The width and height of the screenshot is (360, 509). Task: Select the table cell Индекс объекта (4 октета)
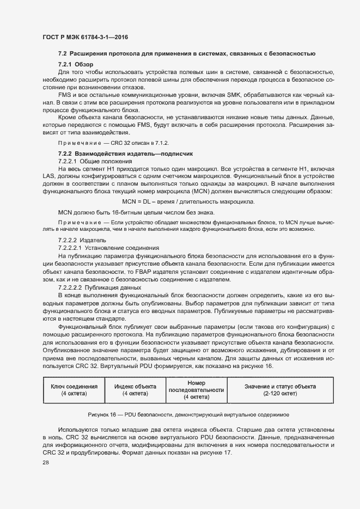pyautogui.click(x=135, y=389)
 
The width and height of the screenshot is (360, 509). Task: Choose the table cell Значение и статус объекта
pyautogui.click(x=281, y=386)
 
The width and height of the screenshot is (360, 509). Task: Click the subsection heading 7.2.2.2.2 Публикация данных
pyautogui.click(x=100, y=287)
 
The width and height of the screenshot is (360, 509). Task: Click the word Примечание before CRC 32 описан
pyautogui.click(x=80, y=143)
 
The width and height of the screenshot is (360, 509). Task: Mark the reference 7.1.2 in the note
pyautogui.click(x=150, y=143)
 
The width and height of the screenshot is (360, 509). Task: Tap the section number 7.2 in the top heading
pyautogui.click(x=62, y=53)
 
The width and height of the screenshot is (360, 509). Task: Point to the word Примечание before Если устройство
pyautogui.click(x=80, y=223)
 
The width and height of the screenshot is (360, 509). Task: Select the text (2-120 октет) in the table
pyautogui.click(x=281, y=393)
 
